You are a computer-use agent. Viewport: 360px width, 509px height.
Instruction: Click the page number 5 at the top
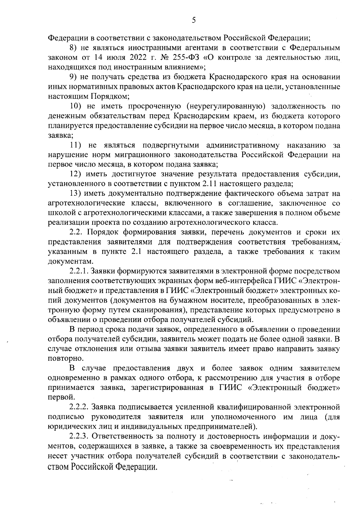193,20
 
